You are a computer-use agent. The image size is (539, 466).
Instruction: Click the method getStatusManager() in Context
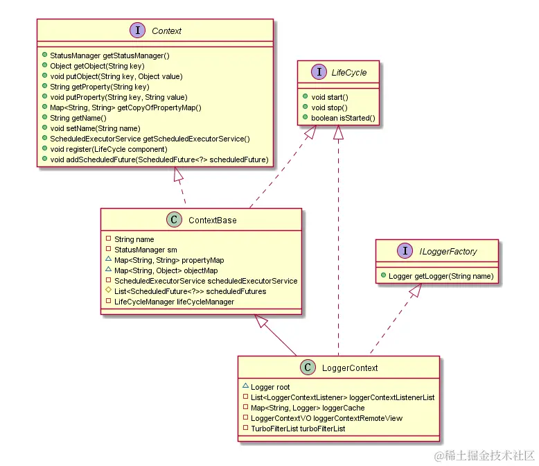pos(109,54)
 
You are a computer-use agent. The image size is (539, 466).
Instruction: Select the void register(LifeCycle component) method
pos(108,149)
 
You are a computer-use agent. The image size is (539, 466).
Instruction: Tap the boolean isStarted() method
pos(344,118)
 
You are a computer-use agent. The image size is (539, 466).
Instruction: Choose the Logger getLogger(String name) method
pos(441,276)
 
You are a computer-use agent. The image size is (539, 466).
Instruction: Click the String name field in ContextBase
pos(134,239)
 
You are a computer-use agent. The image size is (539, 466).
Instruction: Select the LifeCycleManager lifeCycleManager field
pos(174,302)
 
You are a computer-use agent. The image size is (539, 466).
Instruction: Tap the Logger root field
pos(270,387)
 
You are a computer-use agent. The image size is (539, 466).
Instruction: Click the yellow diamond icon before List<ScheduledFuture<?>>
pos(108,291)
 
